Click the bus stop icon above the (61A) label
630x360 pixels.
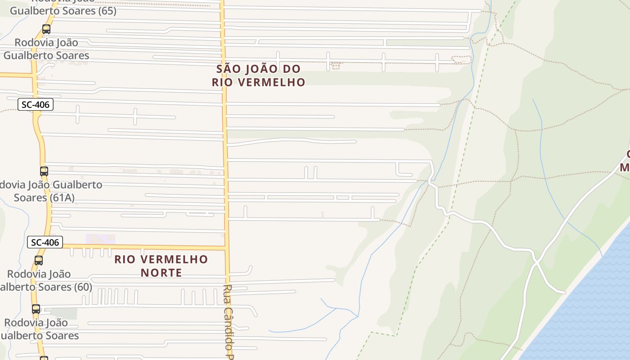44,171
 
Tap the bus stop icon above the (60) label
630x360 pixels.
39,261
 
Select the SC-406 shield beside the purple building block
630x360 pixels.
45,242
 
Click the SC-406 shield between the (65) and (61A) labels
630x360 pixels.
36,105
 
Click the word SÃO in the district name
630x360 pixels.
226,69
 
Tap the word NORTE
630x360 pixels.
161,273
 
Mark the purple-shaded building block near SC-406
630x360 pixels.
100,239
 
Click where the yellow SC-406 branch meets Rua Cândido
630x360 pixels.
226,247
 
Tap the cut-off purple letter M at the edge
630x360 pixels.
625,167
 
